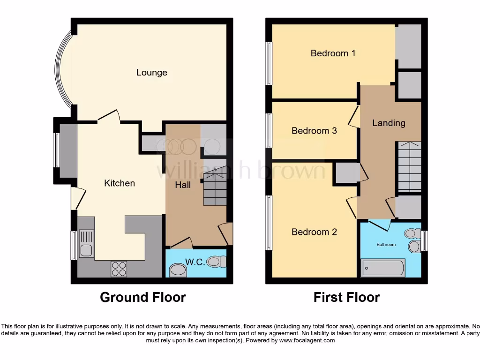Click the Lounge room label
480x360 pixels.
tap(151, 73)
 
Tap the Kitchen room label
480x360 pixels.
tap(119, 183)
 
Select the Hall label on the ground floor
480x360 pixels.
tap(183, 185)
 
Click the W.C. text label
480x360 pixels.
tap(195, 262)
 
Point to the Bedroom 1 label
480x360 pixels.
tap(333, 53)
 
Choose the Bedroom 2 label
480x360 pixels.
tap(314, 232)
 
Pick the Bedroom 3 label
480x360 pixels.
tap(314, 131)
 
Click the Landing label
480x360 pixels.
tap(389, 123)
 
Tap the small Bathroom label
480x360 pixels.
tap(387, 245)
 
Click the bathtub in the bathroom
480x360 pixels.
tap(382, 268)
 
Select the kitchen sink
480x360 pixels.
tap(86, 244)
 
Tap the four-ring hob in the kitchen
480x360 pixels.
tap(119, 269)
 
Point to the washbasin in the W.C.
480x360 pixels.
tap(177, 270)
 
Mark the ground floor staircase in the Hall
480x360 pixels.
tap(214, 187)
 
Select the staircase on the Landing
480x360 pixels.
tap(409, 167)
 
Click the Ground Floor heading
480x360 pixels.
tap(143, 297)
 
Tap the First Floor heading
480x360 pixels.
tap(346, 297)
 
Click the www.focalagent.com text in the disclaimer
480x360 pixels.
tap(307, 341)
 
